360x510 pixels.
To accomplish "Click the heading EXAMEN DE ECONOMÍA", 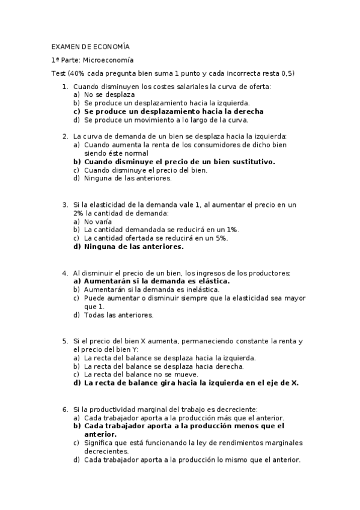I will point(90,46).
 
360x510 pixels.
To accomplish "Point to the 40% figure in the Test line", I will point(78,73).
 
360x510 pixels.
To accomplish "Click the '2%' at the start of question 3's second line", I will point(78,213).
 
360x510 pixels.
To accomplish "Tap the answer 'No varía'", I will point(98,221).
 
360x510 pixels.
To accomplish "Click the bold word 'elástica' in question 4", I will point(213,281).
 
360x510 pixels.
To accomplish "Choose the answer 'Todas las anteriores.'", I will point(119,315).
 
